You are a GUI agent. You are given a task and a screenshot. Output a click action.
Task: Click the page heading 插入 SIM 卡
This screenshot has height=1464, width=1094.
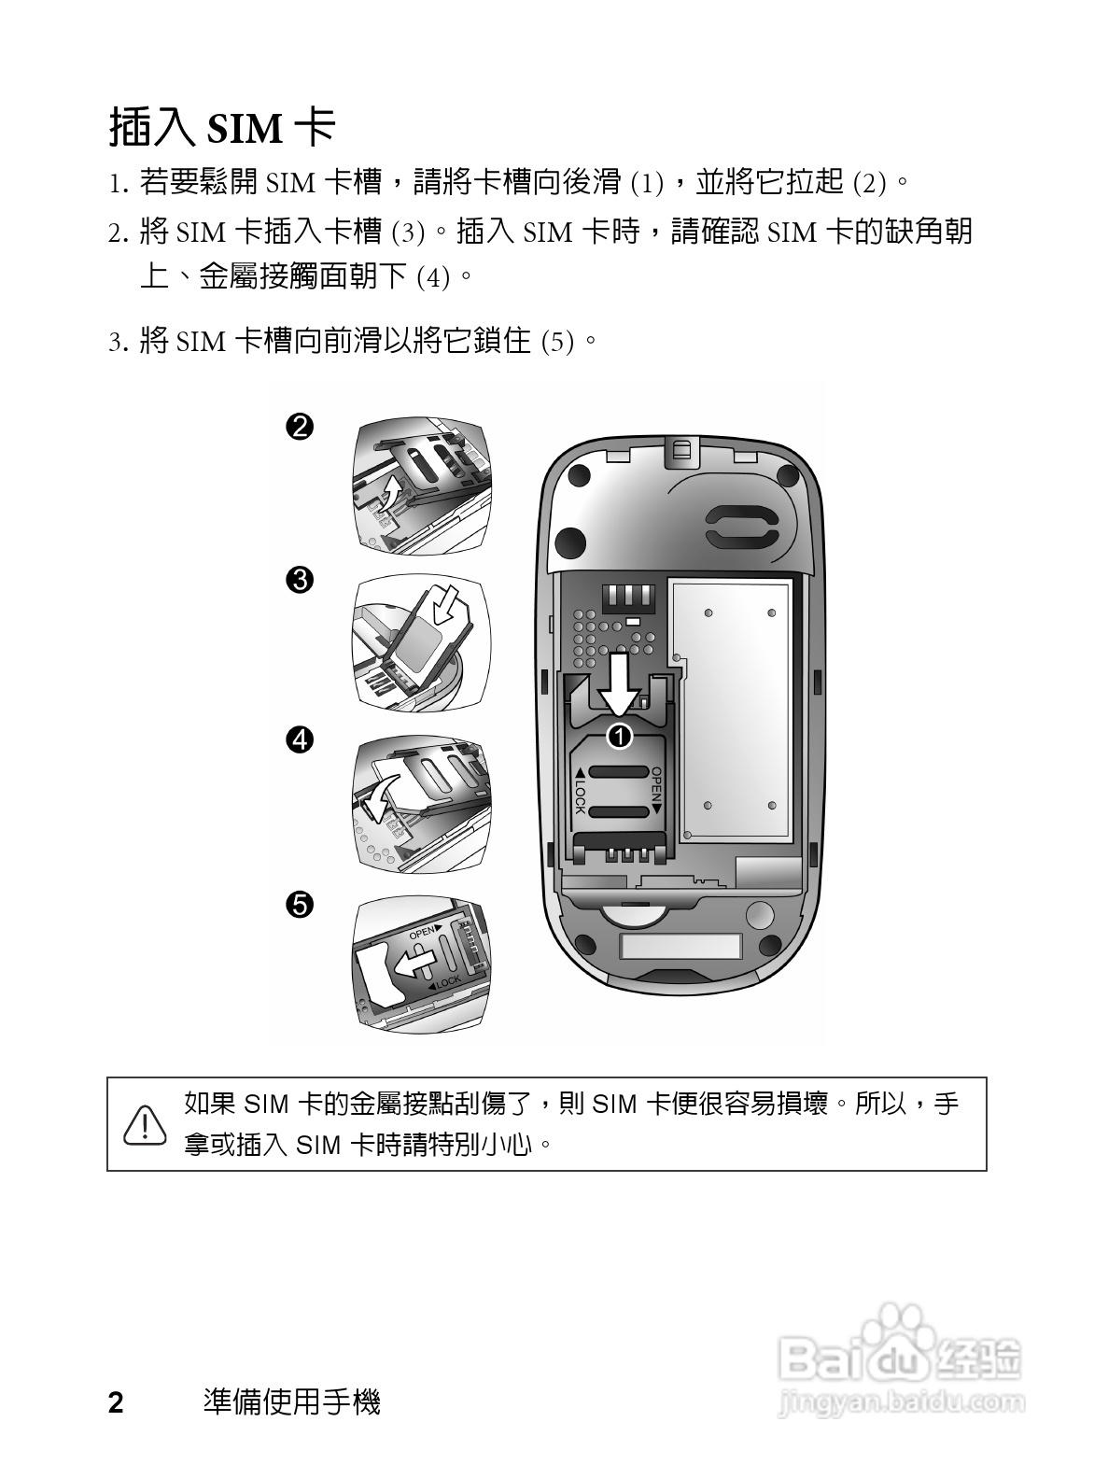[222, 127]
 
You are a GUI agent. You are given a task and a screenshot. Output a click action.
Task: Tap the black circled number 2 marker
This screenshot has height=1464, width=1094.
[300, 426]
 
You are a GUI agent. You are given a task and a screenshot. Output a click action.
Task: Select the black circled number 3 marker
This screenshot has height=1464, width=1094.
[300, 581]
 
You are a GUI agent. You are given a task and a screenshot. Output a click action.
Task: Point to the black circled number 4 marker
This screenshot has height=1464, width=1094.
[300, 740]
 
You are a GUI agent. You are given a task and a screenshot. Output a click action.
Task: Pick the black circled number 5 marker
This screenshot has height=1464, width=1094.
[300, 905]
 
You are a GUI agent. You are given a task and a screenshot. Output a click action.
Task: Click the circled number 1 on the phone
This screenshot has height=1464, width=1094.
[620, 737]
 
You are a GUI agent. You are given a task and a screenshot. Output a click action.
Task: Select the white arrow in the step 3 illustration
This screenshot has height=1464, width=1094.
[444, 603]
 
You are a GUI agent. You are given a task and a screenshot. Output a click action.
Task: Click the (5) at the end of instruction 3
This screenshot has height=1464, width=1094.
[557, 342]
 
